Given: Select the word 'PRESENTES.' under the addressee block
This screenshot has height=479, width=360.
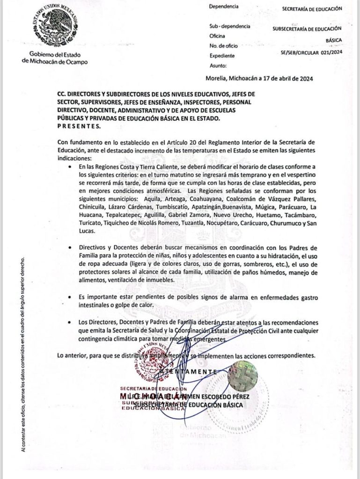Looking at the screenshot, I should coord(78,126).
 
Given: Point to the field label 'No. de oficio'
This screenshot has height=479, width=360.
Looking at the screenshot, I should coord(223,46).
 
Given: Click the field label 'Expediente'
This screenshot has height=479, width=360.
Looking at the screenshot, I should coord(222,56).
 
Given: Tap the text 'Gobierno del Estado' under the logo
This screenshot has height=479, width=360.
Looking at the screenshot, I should coord(58,54).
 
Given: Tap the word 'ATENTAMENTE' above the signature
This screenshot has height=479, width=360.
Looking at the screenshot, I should coord(188,371).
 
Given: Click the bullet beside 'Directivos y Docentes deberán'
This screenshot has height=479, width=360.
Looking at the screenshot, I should coord(70,247).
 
